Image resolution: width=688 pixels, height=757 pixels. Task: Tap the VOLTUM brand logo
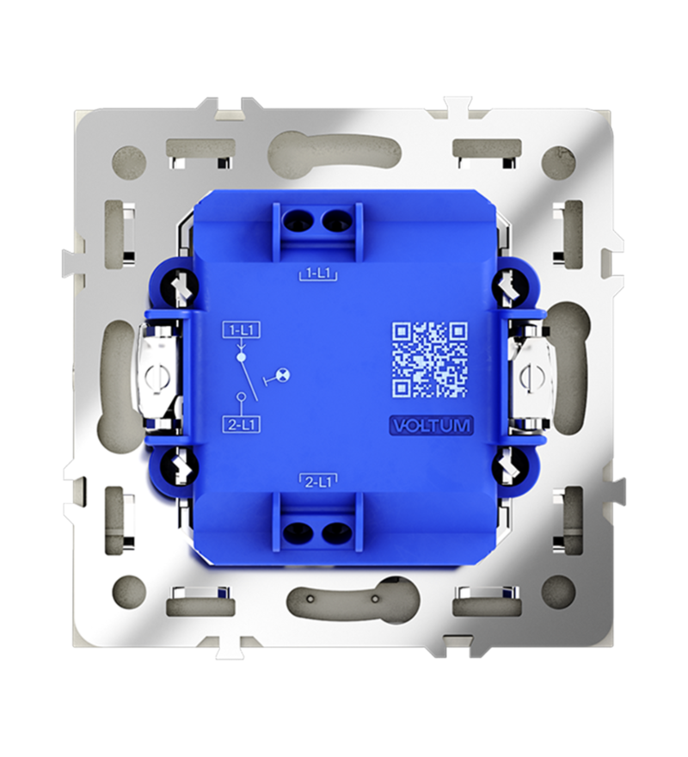pos(430,425)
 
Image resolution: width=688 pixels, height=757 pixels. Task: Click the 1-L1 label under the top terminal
pos(317,274)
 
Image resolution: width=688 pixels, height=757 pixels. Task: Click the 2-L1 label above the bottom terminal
pos(317,481)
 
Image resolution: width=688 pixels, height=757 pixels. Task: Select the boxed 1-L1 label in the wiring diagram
pos(242,330)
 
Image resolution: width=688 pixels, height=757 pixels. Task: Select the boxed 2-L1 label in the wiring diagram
pos(242,424)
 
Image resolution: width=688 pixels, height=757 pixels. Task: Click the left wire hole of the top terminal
pos(297,222)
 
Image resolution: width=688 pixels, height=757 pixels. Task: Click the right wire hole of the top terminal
pos(334,222)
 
